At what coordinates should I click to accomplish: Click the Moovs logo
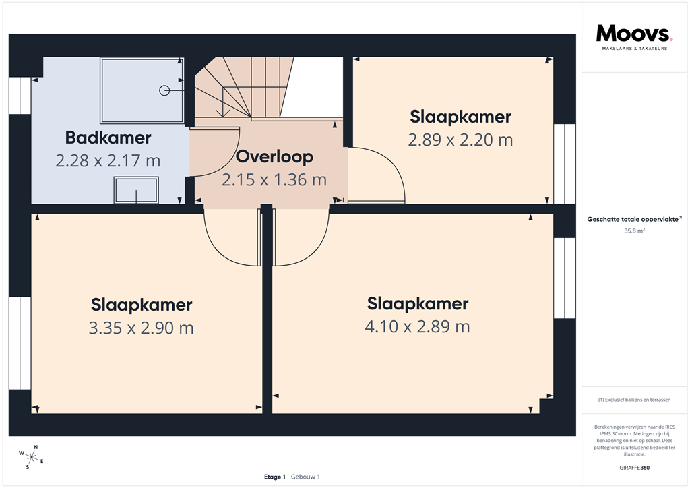(x=633, y=33)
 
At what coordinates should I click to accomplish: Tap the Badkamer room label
(x=108, y=138)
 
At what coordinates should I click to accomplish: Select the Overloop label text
(x=274, y=157)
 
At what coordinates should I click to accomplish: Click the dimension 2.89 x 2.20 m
(x=460, y=140)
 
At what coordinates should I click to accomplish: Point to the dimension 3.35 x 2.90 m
(x=142, y=328)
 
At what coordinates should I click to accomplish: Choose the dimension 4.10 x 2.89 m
(x=417, y=326)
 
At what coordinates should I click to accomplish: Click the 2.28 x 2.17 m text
(x=108, y=161)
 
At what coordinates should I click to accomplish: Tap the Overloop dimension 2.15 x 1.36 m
(x=274, y=180)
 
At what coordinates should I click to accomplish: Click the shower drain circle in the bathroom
(x=164, y=90)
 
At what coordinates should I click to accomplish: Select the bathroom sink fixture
(x=137, y=190)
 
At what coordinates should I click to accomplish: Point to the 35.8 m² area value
(x=635, y=231)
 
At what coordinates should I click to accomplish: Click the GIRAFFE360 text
(x=635, y=468)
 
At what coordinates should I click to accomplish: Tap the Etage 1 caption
(x=275, y=477)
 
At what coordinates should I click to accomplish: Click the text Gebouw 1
(x=305, y=477)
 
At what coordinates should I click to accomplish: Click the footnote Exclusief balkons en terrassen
(x=635, y=400)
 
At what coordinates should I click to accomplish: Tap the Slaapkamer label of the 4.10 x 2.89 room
(x=417, y=303)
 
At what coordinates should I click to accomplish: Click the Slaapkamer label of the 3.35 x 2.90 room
(x=142, y=305)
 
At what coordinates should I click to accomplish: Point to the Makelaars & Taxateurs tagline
(x=634, y=49)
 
